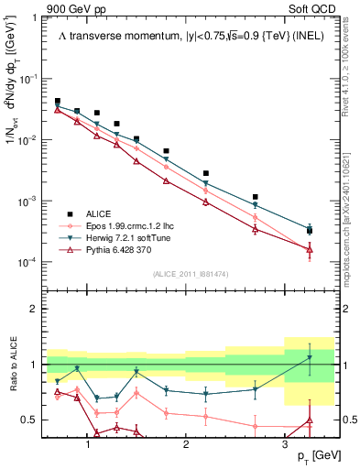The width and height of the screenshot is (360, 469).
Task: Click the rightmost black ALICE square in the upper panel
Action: (x=310, y=230)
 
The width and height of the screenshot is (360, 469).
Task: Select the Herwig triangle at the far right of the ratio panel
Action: (x=310, y=357)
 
